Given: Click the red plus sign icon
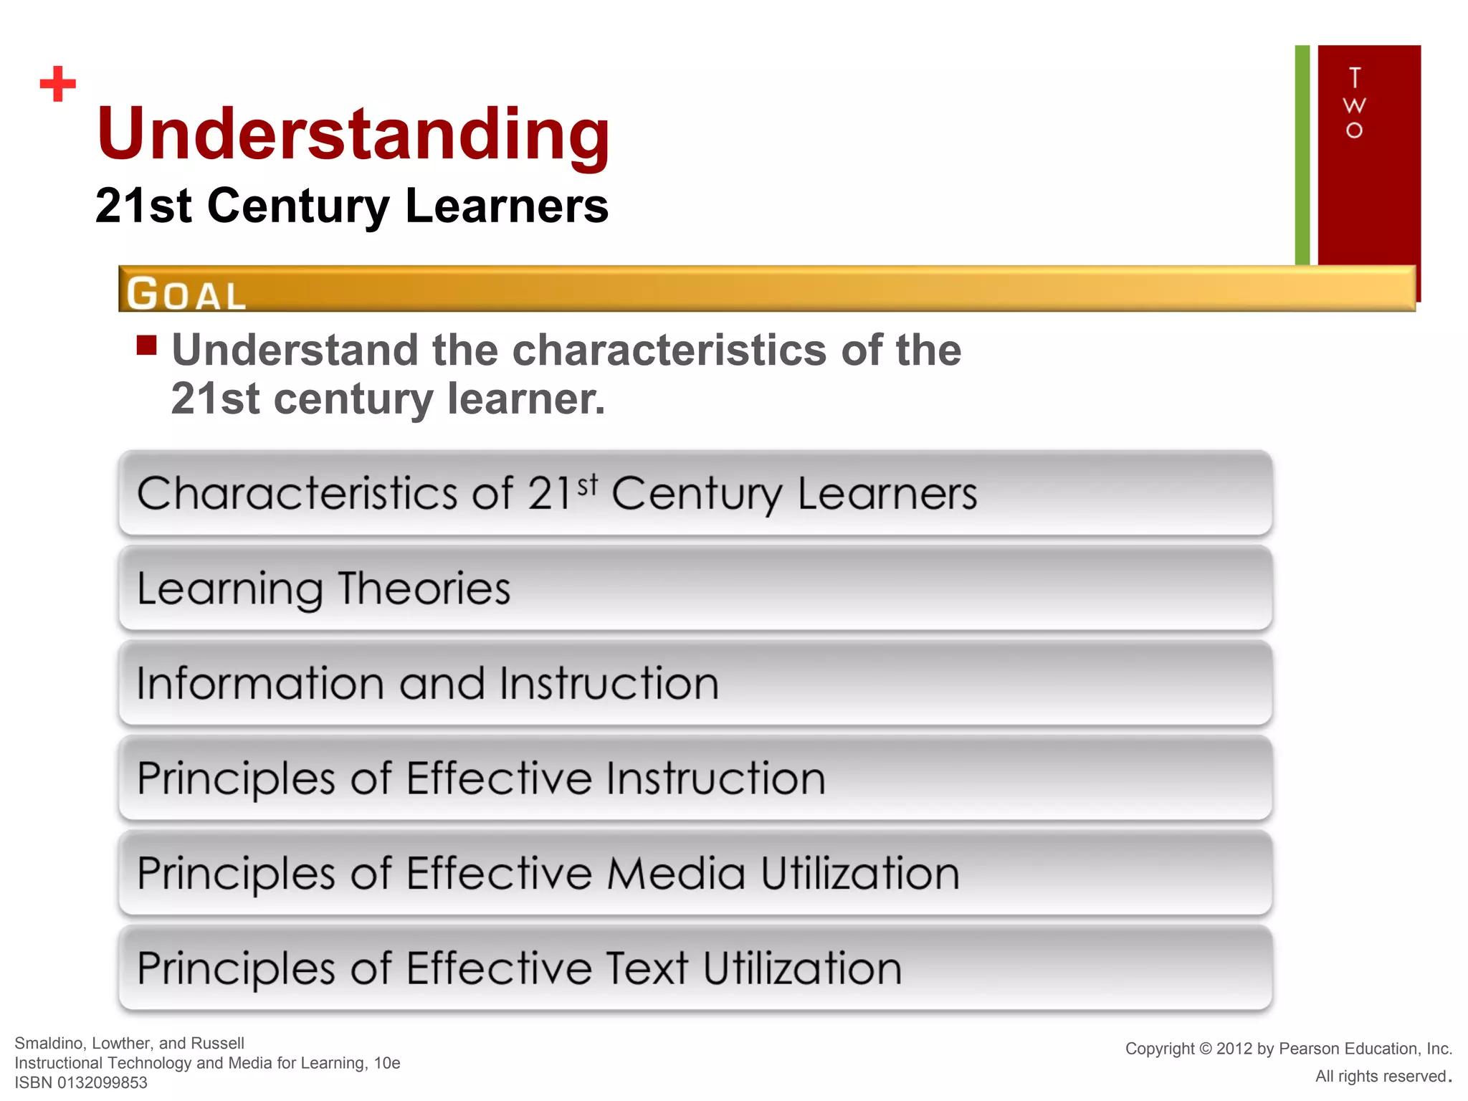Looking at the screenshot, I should click(x=58, y=84).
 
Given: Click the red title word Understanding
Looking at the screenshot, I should click(x=353, y=135).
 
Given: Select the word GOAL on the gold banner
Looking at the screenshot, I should click(x=186, y=294).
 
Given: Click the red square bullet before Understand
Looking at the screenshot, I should click(x=147, y=345).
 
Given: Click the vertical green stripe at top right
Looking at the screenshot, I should click(x=1302, y=155).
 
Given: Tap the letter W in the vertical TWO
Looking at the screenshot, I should click(x=1354, y=105).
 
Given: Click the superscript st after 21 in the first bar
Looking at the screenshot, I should click(x=587, y=485).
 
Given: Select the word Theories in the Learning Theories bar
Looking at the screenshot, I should click(x=424, y=589).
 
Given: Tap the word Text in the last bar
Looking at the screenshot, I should click(x=647, y=968).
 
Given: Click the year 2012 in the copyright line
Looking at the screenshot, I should click(x=1234, y=1049).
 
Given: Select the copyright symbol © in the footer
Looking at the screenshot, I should click(x=1205, y=1049).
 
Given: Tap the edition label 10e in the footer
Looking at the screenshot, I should click(x=387, y=1063).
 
